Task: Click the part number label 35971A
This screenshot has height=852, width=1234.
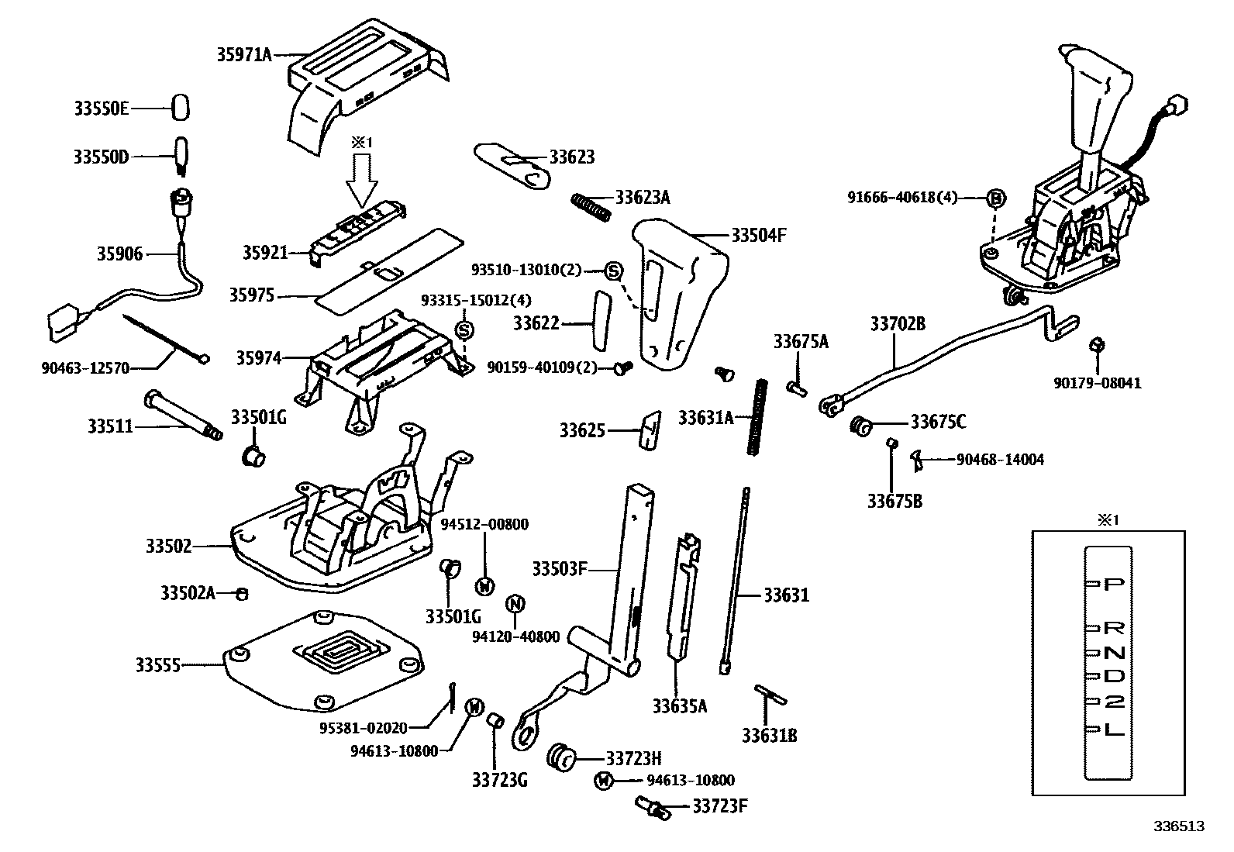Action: pos(244,54)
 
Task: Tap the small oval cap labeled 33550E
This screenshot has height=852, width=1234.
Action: pos(181,108)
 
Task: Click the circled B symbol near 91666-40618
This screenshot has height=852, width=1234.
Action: pos(997,198)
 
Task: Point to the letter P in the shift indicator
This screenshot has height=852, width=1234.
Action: pos(1113,584)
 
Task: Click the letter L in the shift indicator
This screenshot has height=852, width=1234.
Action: pos(1113,729)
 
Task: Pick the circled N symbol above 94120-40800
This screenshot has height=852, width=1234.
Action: pos(515,604)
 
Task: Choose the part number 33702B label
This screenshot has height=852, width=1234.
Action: pos(898,324)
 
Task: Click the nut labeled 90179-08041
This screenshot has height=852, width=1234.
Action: pos(1096,345)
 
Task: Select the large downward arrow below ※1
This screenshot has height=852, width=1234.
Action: pos(361,181)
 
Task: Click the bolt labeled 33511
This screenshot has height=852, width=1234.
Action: pos(182,414)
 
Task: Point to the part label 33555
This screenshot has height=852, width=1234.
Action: pos(158,665)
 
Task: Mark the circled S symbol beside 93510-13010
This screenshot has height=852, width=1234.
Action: pos(613,271)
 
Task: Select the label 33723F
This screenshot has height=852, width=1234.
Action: pos(720,806)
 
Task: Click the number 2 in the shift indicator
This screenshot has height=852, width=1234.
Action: pos(1113,702)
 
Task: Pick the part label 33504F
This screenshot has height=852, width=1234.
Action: pos(759,235)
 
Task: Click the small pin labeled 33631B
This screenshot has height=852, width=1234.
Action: pos(770,694)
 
